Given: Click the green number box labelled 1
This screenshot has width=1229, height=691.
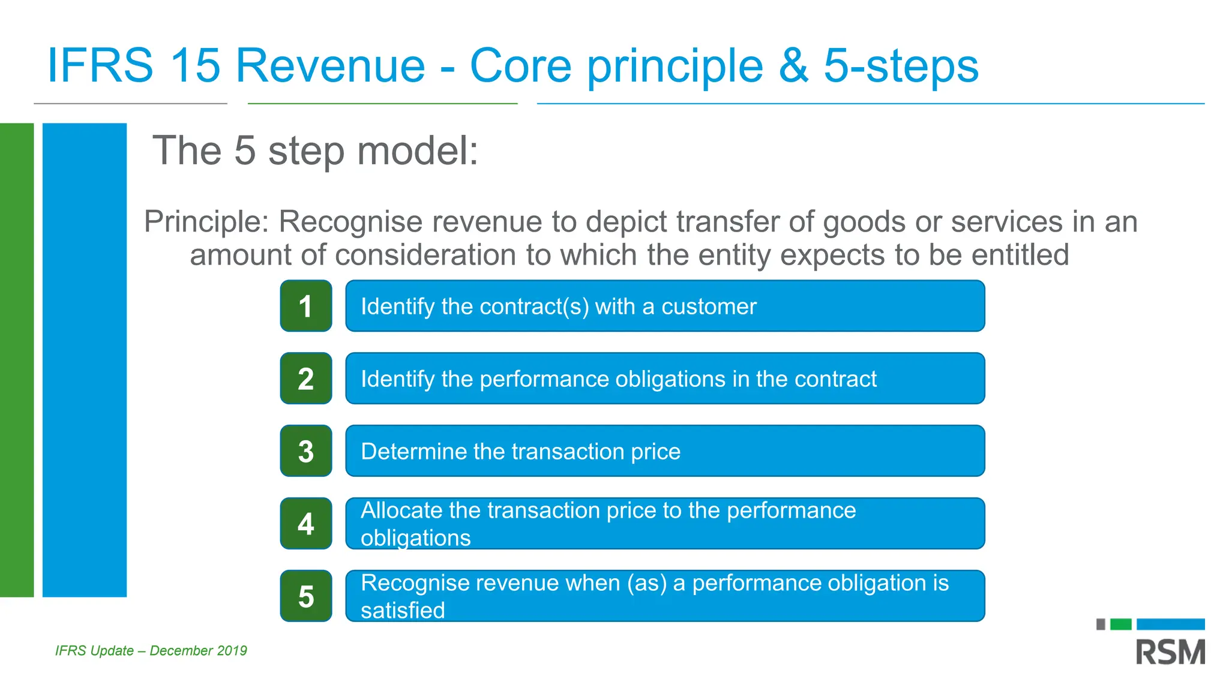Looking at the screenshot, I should tap(306, 306).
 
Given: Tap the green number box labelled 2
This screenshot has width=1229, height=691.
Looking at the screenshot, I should tap(306, 378).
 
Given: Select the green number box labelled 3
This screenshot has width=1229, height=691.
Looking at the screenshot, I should tap(306, 451).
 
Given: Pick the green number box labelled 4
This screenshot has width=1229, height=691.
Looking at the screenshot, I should tap(306, 524).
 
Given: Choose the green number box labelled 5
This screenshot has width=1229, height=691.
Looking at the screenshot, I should tap(306, 596).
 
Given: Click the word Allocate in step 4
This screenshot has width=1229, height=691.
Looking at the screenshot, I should tap(401, 510).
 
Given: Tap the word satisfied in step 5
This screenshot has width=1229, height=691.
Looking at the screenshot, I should tap(403, 611).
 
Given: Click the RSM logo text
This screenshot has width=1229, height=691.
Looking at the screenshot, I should tap(1170, 653).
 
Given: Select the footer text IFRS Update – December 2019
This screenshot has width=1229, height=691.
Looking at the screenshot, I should tap(151, 651).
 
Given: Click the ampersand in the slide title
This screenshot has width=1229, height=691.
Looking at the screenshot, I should tap(793, 65).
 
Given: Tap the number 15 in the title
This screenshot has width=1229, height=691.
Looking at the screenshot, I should tap(194, 65).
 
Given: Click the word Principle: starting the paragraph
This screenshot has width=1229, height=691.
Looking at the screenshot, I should tap(207, 222).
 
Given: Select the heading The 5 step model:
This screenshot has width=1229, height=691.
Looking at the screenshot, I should tap(315, 151).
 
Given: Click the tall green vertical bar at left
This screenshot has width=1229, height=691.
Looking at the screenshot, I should tap(16, 360).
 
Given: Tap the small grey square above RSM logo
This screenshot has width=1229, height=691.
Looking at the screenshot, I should tap(1101, 624).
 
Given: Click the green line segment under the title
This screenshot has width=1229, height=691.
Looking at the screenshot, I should tap(382, 104).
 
